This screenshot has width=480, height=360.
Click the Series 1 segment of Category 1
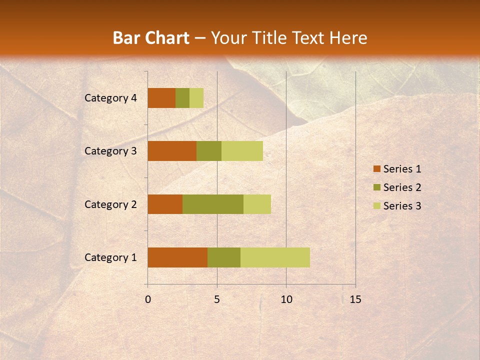click(177, 257)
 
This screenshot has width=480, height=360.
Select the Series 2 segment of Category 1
click(224, 257)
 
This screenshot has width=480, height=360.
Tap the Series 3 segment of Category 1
click(275, 257)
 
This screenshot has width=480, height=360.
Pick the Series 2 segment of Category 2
click(213, 204)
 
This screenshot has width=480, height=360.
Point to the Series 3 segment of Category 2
click(257, 204)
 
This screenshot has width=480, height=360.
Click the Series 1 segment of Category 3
click(172, 151)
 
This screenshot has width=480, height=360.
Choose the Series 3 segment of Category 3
click(242, 151)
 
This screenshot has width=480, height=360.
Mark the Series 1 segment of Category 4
click(161, 98)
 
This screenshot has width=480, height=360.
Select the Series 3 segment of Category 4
click(196, 98)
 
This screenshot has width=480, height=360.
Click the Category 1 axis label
click(110, 257)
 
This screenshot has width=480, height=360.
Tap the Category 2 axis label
click(110, 204)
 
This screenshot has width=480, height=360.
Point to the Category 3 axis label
click(110, 151)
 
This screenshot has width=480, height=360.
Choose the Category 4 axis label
click(110, 98)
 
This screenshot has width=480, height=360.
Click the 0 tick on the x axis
click(148, 299)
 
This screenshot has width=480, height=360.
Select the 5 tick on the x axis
click(217, 299)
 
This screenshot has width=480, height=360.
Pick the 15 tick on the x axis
click(355, 299)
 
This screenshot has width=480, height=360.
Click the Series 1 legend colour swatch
click(376, 169)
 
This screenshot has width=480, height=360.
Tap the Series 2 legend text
click(402, 187)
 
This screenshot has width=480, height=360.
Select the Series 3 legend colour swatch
click(376, 206)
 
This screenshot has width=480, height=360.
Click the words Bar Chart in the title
click(151, 38)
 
